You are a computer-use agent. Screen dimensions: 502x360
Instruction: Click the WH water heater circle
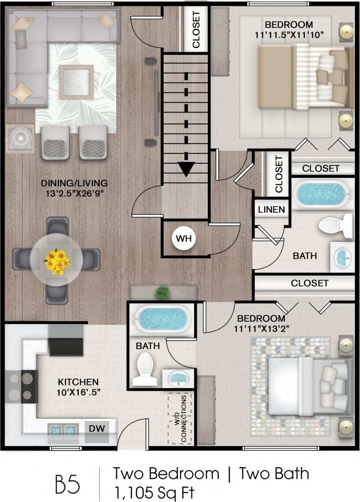point(183,238)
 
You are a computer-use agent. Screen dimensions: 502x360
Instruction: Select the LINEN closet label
point(271,210)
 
